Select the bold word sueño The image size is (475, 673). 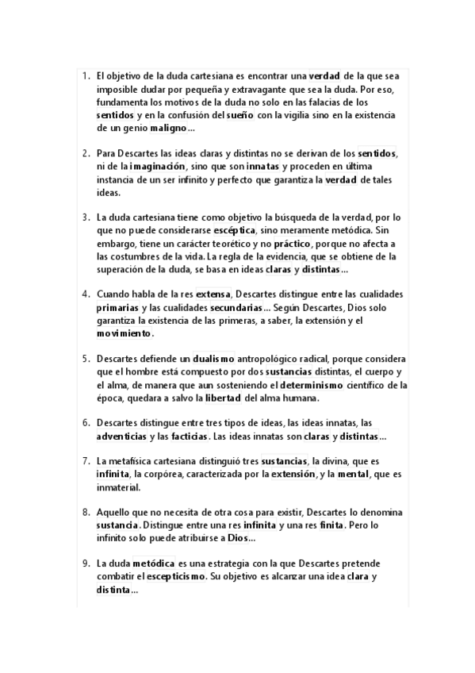(x=239, y=115)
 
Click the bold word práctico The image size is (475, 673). (x=293, y=243)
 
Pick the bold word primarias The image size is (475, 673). (x=117, y=307)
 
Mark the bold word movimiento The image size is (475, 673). (x=124, y=333)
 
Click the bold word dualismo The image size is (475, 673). (x=214, y=359)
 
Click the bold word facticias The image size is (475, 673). (x=189, y=436)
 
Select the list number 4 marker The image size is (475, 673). (x=86, y=294)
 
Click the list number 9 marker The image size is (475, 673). (x=86, y=563)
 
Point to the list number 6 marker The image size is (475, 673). (x=86, y=423)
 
